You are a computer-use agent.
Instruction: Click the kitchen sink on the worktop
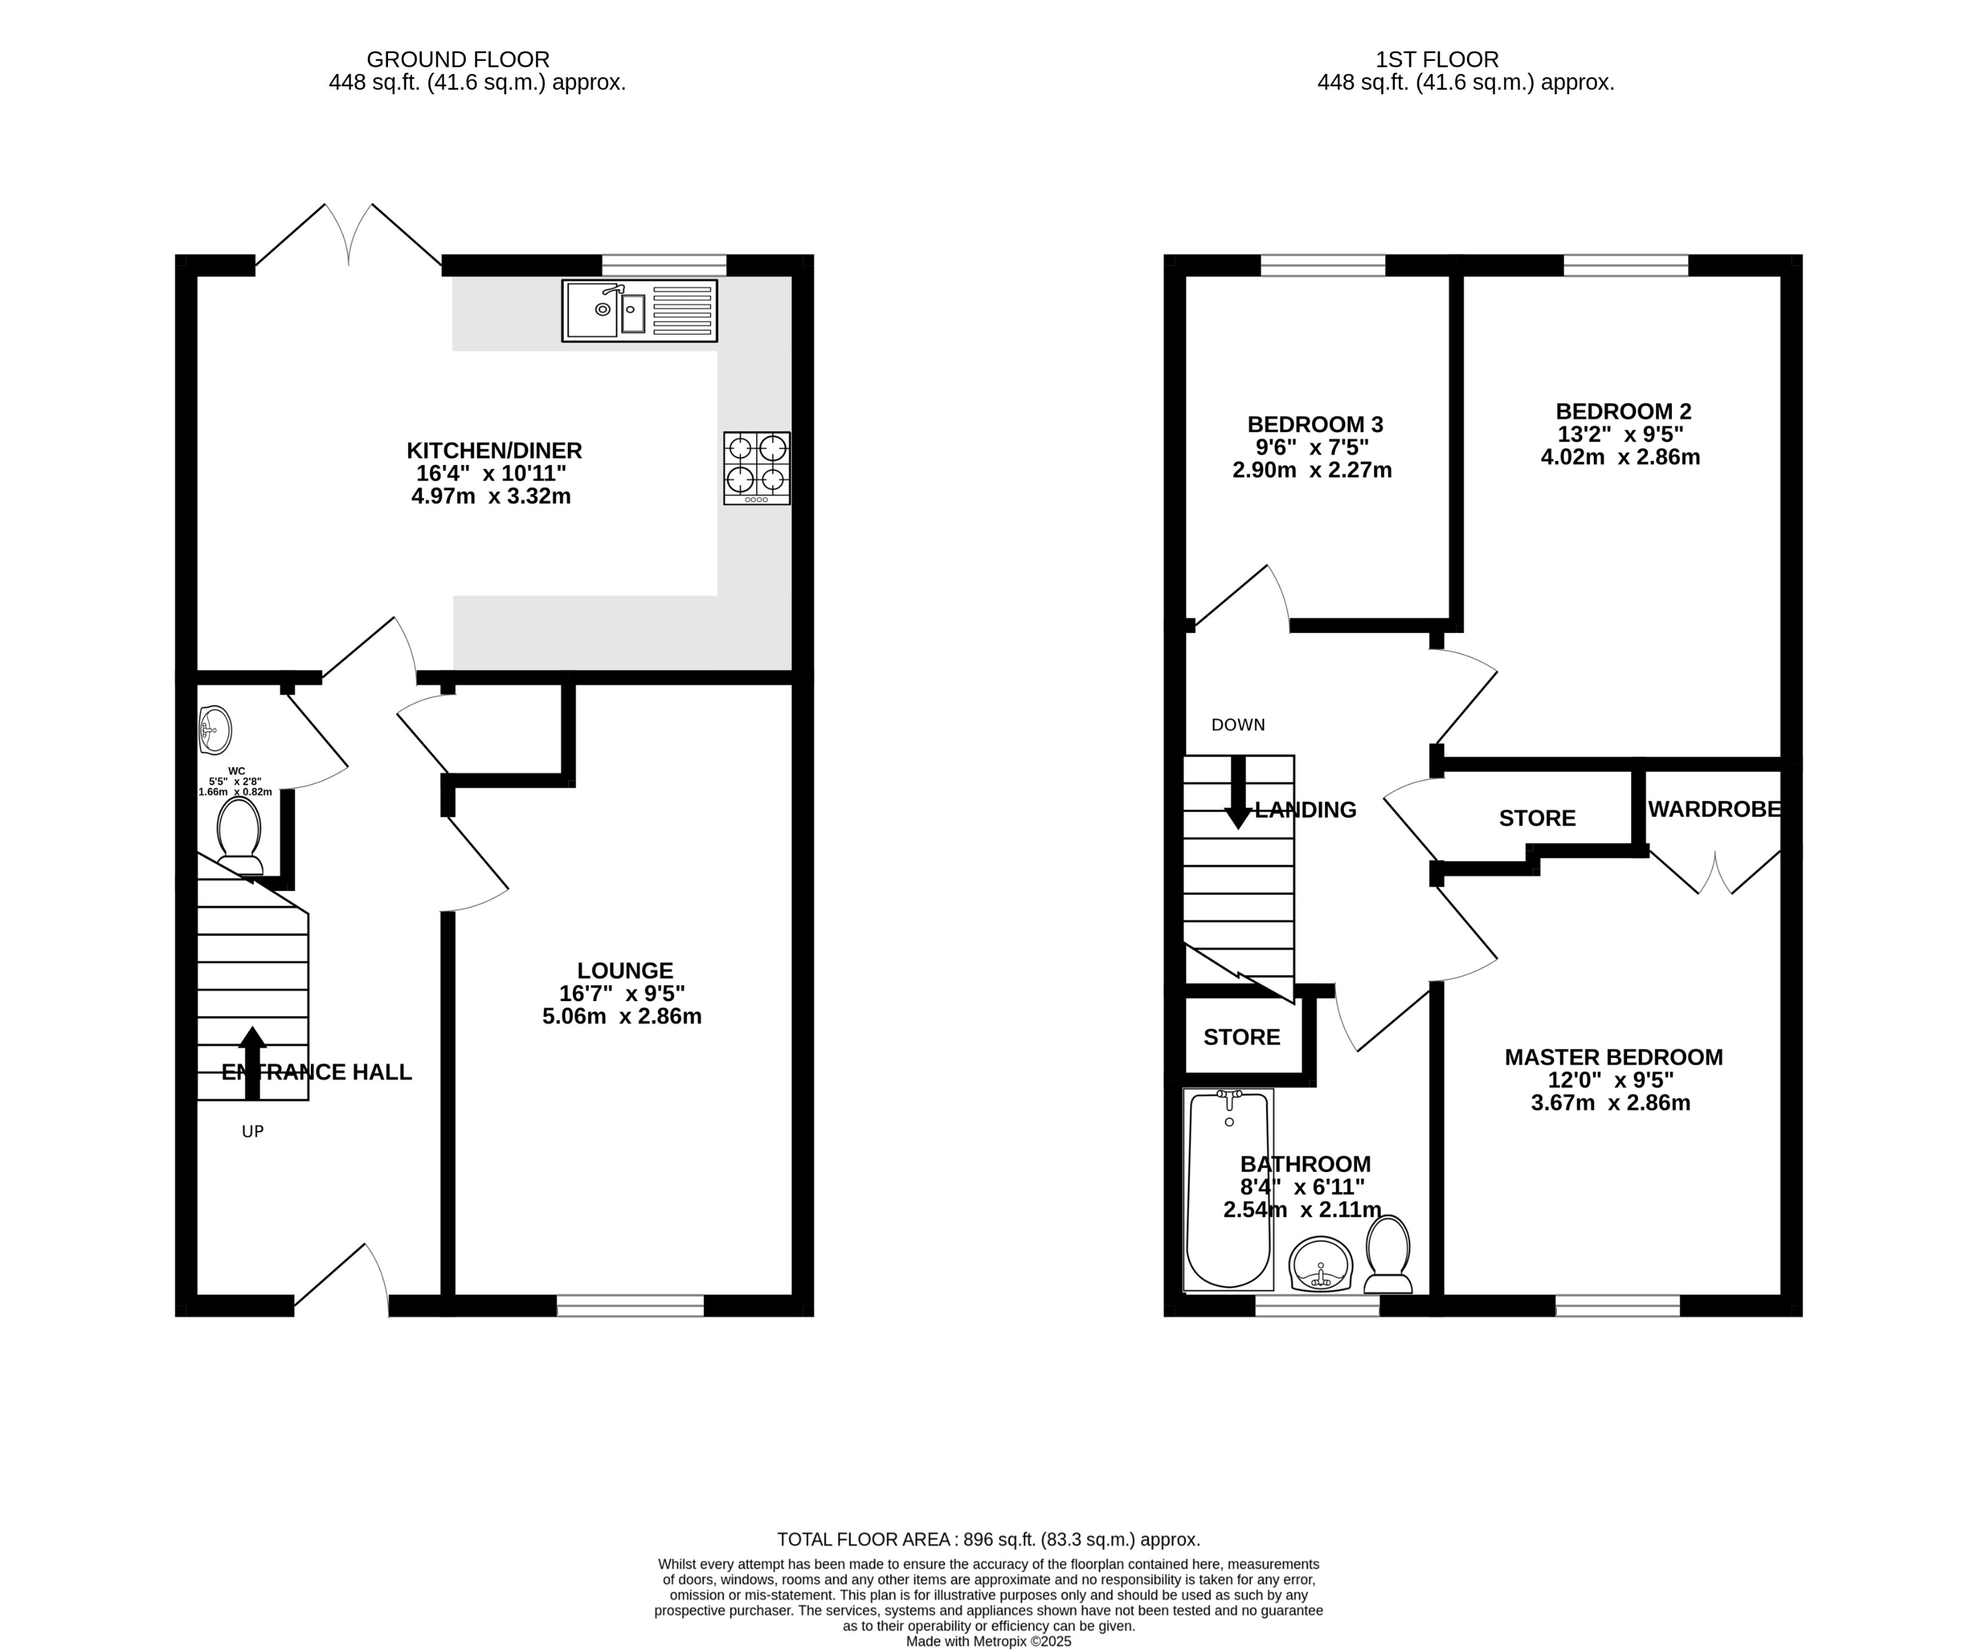pyautogui.click(x=639, y=310)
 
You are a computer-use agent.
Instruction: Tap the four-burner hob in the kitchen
pyautogui.click(x=756, y=467)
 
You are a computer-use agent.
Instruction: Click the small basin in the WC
pyautogui.click(x=215, y=730)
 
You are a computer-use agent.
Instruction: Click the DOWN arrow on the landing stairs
pyautogui.click(x=1238, y=792)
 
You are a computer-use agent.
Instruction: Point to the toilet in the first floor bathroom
pyautogui.click(x=1387, y=1255)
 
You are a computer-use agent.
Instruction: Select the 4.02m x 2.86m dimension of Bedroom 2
pyautogui.click(x=1620, y=458)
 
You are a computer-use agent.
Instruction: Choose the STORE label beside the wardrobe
pyautogui.click(x=1536, y=818)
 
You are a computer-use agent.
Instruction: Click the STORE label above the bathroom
pyautogui.click(x=1241, y=1038)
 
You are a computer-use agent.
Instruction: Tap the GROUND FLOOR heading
pyautogui.click(x=458, y=60)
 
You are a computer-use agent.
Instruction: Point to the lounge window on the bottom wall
pyautogui.click(x=630, y=1304)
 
